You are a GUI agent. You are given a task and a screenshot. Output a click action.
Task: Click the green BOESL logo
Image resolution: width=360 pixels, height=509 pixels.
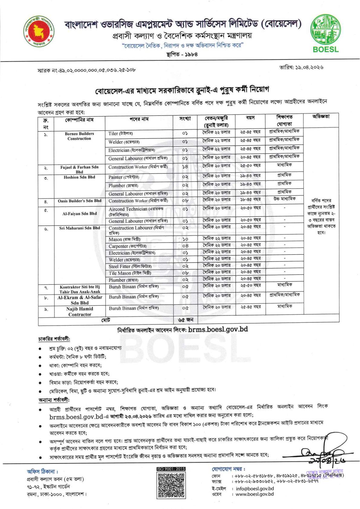(x=326, y=34)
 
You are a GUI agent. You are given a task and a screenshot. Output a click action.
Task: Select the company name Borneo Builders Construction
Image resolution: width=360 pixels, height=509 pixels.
(x=79, y=136)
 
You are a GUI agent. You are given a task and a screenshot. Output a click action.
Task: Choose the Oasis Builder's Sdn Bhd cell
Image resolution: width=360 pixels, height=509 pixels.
(x=79, y=201)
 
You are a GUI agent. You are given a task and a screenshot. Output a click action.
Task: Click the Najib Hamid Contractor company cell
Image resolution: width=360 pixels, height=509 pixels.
(x=79, y=311)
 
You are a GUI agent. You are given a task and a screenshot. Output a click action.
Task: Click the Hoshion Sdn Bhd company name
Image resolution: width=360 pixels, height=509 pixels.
(x=79, y=177)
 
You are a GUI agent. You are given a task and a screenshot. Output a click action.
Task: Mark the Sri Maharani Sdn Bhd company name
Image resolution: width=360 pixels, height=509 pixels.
(x=79, y=228)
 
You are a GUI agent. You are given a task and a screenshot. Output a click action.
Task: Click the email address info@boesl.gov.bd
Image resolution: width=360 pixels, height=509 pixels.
(x=255, y=488)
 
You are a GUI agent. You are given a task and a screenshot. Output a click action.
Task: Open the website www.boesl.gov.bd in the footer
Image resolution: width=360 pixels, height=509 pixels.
(x=255, y=494)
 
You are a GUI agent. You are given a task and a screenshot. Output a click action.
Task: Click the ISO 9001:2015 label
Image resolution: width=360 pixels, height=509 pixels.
(x=171, y=469)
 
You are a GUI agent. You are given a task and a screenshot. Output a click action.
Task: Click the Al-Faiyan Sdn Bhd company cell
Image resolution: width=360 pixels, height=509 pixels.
(x=79, y=213)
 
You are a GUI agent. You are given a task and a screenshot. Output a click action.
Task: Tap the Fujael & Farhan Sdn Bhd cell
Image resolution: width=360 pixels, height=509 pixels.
(x=79, y=169)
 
